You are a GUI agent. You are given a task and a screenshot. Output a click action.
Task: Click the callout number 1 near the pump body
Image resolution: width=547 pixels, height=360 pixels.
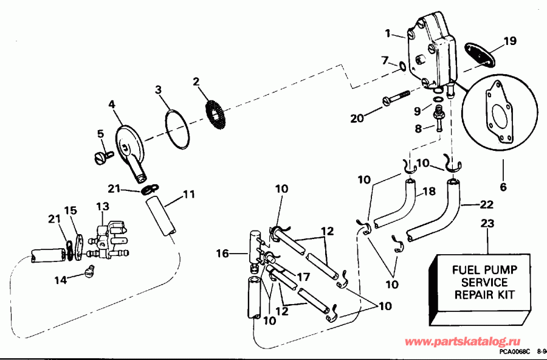(x=388, y=33)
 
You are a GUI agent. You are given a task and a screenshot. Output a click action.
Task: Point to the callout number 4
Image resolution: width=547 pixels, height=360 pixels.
(x=112, y=105)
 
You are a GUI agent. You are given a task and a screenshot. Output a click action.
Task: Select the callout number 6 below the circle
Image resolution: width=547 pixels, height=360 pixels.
(x=503, y=187)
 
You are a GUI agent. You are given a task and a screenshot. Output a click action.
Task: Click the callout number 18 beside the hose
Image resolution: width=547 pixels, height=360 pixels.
(x=428, y=191)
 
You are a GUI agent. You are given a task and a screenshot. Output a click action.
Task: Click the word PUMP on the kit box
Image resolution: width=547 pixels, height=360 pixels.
(x=508, y=268)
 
